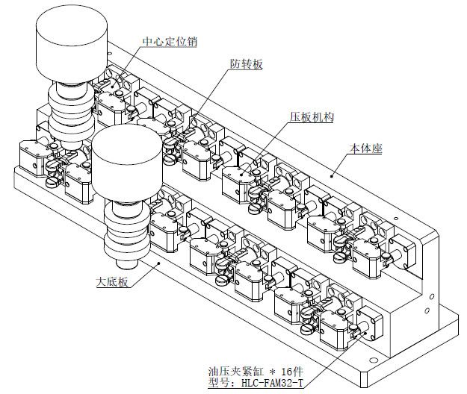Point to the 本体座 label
click(366, 149)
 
